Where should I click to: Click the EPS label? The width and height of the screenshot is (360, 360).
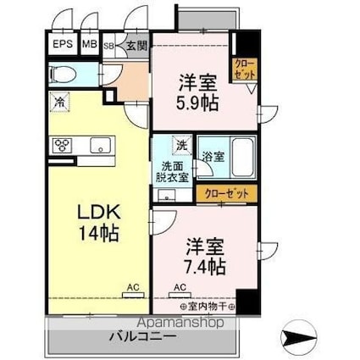tap(62, 45)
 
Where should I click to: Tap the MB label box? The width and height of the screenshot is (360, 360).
tap(90, 45)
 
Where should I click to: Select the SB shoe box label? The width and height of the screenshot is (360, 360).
tap(108, 46)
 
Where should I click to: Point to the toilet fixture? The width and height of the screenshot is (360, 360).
tap(64, 74)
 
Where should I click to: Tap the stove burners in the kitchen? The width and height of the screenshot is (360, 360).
tap(62, 145)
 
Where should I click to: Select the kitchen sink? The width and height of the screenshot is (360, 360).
tap(101, 145)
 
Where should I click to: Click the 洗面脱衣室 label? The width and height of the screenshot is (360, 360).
tap(172, 170)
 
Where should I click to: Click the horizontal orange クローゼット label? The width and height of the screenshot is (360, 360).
tap(227, 194)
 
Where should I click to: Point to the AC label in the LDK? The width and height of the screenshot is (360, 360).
tap(130, 287)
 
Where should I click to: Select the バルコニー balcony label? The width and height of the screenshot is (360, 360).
tap(141, 337)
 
